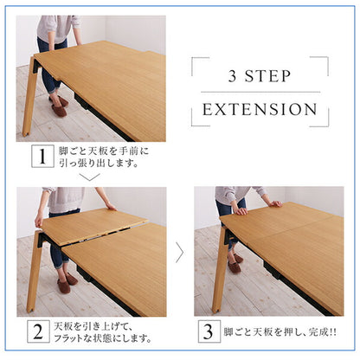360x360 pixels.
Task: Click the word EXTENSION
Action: [259, 110]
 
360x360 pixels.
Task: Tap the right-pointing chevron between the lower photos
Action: [179, 252]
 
